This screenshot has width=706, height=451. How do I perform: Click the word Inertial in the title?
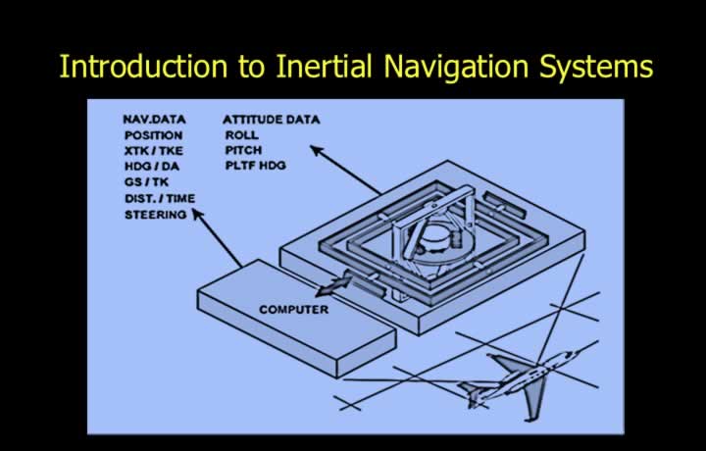[325, 67]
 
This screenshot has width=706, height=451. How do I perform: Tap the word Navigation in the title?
[456, 68]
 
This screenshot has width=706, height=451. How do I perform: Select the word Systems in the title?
[596, 68]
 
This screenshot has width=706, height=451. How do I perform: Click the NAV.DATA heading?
[154, 120]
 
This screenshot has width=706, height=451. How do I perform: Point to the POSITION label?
[154, 135]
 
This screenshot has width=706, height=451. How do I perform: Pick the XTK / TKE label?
[154, 151]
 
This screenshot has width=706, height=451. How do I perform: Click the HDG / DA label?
[152, 167]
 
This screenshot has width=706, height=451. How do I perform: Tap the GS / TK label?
[146, 182]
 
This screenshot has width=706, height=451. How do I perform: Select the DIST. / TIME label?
[160, 198]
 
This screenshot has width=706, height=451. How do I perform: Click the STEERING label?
[155, 215]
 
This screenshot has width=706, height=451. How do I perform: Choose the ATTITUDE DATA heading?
[271, 120]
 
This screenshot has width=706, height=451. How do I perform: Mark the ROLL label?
[242, 134]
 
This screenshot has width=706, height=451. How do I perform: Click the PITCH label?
[243, 150]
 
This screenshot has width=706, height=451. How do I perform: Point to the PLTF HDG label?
[256, 165]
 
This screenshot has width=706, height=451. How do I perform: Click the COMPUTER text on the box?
[293, 309]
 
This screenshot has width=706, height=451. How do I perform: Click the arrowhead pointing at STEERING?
[197, 214]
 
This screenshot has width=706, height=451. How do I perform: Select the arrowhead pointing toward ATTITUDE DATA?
[317, 150]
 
